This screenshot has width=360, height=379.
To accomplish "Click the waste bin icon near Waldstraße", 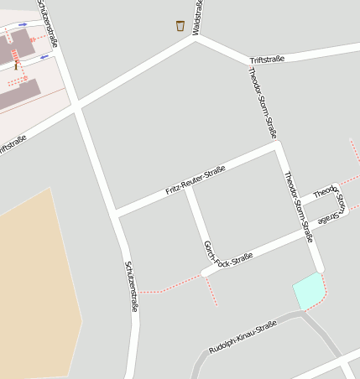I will click(x=180, y=26).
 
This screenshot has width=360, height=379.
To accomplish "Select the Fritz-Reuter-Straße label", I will click(x=196, y=179).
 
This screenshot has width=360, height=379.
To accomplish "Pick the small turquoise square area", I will click(x=307, y=290).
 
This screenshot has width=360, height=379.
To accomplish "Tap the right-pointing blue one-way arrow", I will click(x=23, y=24).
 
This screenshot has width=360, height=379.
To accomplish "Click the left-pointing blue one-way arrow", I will click(x=44, y=57).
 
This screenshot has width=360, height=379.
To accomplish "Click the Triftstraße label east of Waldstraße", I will click(x=268, y=59).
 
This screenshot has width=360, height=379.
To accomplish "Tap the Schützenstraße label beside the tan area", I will click(x=131, y=286).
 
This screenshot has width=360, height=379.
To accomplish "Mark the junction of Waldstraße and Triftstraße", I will click(x=196, y=38).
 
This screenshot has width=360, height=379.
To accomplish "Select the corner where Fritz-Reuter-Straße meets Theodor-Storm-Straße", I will click(x=277, y=146).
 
